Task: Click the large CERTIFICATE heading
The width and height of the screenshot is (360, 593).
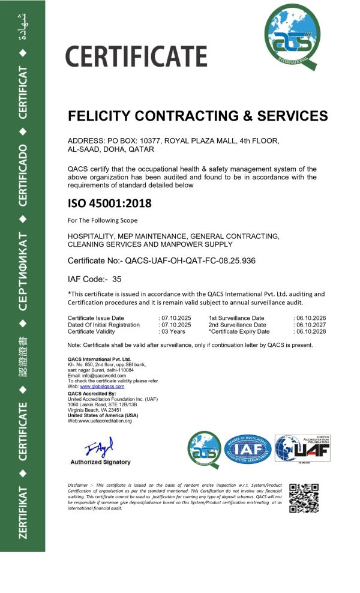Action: tap(136, 56)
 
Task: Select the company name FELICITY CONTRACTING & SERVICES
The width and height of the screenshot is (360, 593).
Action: tap(198, 116)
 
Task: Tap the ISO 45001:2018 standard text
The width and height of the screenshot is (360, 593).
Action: tap(110, 203)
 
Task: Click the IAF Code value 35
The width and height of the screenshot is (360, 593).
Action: tap(117, 279)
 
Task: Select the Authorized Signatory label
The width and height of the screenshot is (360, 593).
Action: tap(100, 462)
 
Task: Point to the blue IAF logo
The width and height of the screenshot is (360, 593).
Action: tap(248, 448)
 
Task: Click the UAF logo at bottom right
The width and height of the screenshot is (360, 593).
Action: tap(302, 448)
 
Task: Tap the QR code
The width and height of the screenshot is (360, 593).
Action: tap(304, 498)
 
